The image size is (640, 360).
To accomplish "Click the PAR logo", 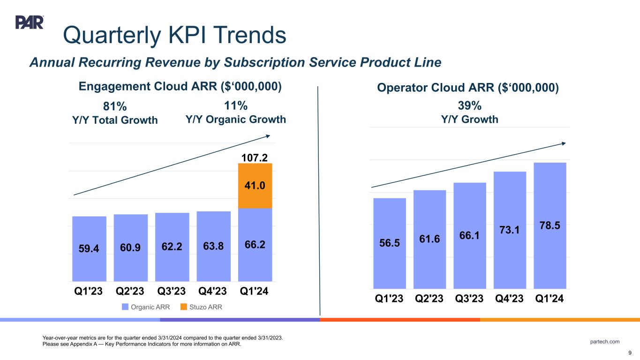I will pos(30,22).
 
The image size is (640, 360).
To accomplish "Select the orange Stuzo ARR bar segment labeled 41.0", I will pos(255,186).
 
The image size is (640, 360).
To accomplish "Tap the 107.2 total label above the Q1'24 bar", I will pos(255,156).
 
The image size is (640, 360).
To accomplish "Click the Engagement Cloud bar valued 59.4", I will pos(89,248).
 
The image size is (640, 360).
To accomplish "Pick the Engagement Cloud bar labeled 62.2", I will pos(172,247).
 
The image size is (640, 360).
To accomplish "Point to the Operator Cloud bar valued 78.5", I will pos(550,225).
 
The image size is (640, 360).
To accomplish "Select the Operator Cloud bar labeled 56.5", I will pos(390,243).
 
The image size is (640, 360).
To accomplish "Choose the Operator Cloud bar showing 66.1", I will pos(470,235).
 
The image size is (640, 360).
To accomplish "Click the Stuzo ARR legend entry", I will pos(201,307).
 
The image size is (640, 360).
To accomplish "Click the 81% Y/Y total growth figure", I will pos(115,106).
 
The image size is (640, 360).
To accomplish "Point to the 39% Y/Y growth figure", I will pos(470,105).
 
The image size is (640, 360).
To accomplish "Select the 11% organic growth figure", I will pos(236,105).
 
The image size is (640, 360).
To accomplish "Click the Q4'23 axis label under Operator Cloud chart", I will pos(510,299).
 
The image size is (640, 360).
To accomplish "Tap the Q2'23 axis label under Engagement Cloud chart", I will pos(131,292).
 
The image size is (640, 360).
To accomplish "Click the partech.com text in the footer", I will pos(605,341).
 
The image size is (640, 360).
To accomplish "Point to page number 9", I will pos(630,353).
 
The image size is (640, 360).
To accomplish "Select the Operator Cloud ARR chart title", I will pos(468,88).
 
